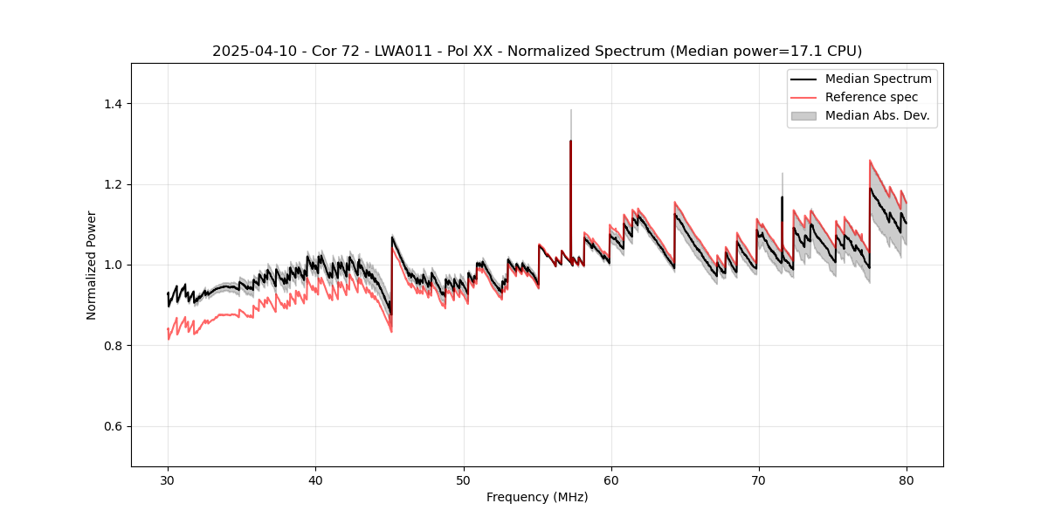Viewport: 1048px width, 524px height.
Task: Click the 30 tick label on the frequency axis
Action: [x=168, y=480]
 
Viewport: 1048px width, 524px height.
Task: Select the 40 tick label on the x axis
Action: [x=315, y=480]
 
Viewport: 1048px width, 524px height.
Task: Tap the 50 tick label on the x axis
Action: [x=464, y=480]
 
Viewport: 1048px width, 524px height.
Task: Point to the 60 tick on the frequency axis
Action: [x=611, y=480]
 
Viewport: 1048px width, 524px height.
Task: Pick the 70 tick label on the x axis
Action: [x=759, y=480]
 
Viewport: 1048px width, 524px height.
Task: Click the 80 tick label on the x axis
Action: [x=907, y=480]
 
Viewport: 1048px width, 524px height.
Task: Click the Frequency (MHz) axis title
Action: [x=537, y=497]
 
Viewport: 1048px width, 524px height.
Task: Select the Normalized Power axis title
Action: [x=91, y=265]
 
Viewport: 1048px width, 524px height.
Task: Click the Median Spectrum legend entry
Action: [x=878, y=79]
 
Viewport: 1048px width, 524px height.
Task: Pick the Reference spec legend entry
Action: [x=872, y=97]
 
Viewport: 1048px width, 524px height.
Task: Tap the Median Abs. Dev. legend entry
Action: [x=878, y=115]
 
